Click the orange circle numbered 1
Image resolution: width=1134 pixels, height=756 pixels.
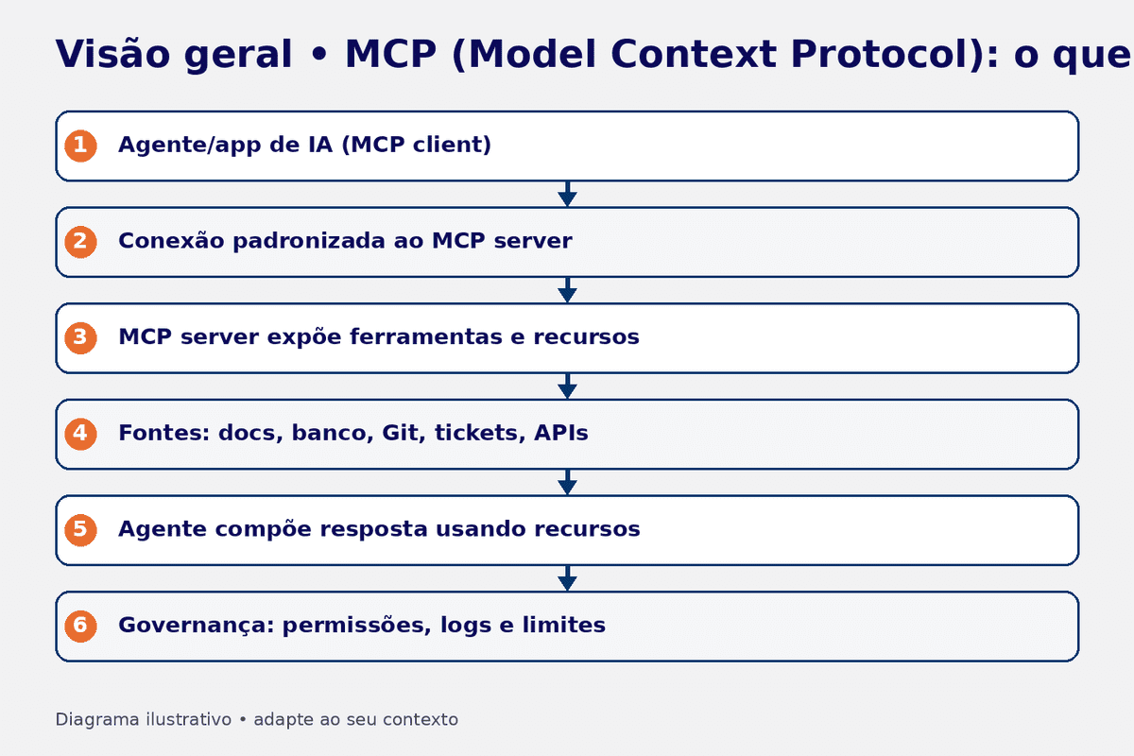click(80, 146)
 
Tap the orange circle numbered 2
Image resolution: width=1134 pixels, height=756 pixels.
click(80, 242)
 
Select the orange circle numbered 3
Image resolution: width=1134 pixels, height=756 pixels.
click(80, 337)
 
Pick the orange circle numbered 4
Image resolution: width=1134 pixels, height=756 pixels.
click(80, 434)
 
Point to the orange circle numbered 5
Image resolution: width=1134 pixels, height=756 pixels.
click(80, 529)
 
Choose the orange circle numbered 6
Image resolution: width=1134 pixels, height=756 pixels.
click(80, 626)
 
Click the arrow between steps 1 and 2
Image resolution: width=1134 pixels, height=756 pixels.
click(567, 194)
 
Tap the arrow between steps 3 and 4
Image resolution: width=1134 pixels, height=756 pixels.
click(567, 386)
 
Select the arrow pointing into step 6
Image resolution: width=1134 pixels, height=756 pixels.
click(567, 577)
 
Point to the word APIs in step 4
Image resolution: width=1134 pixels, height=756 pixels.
click(560, 434)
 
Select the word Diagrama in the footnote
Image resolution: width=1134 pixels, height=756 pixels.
click(97, 719)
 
